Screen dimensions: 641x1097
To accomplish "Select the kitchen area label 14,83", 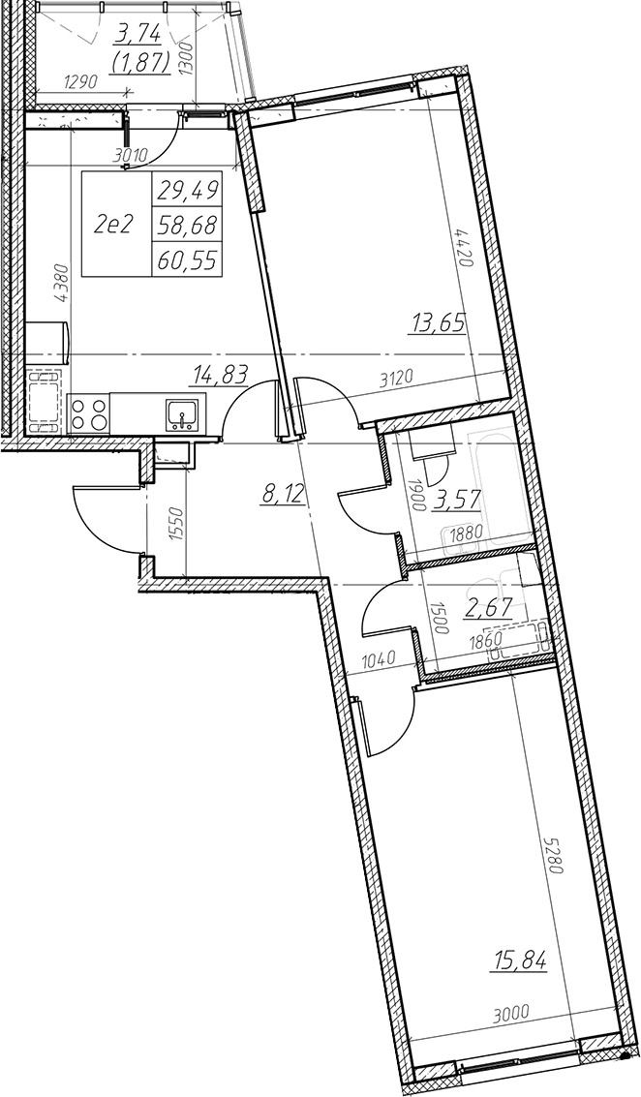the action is [218, 377].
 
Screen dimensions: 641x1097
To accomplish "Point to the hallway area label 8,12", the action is [283, 496].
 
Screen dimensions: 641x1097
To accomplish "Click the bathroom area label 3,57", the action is [455, 501].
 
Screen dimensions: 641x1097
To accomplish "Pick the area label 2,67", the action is [488, 604].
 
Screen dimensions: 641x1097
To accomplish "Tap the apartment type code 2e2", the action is [115, 224].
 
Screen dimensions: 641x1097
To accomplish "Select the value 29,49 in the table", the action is [187, 188].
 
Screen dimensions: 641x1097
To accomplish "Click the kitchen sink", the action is [183, 415].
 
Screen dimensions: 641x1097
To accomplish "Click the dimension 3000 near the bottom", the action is [511, 1010].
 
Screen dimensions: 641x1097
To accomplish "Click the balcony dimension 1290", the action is [82, 82].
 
